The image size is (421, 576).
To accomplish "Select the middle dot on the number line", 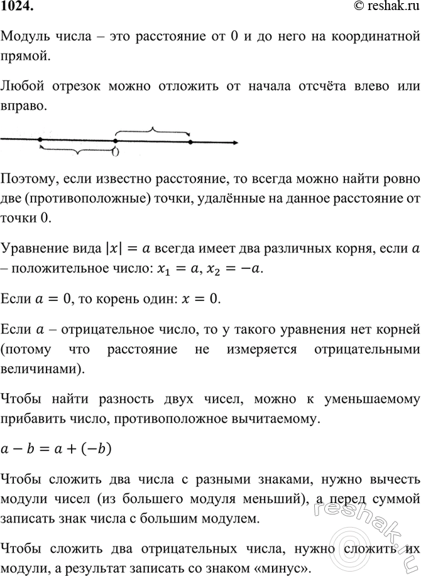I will click(114, 141).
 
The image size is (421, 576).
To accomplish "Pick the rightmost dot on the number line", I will click(190, 143).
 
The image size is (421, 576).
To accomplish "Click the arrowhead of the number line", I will click(234, 143).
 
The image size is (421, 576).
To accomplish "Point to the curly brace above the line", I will click(152, 131).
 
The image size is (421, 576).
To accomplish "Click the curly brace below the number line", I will click(77, 151).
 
